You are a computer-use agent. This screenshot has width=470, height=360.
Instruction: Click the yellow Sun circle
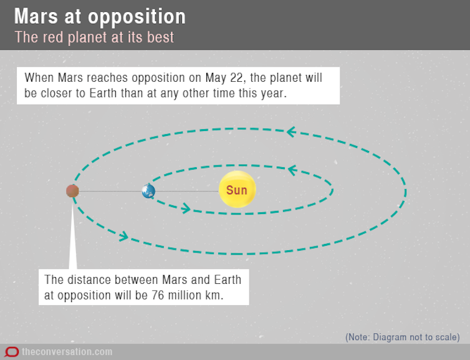237,189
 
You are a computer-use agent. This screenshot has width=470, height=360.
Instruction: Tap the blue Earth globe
148,191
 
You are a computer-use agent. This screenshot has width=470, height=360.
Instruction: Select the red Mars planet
72,191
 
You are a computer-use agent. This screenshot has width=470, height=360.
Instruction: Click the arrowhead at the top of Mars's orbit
291,132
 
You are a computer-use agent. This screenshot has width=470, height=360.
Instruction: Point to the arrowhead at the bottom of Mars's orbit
124,236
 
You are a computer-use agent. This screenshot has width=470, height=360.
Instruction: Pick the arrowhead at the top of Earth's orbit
292,170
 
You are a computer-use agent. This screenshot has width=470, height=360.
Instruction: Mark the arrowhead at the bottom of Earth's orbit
186,208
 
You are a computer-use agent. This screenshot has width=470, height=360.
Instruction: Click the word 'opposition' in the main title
137,17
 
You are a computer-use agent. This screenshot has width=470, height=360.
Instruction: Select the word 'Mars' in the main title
36,16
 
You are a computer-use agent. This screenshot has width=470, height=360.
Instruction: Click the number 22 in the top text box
238,78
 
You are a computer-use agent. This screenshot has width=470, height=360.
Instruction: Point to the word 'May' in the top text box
216,78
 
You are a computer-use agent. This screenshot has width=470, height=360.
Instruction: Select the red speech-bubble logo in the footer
12,352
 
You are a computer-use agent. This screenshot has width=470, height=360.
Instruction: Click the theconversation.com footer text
67,352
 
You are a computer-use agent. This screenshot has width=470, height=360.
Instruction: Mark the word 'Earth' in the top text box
103,94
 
